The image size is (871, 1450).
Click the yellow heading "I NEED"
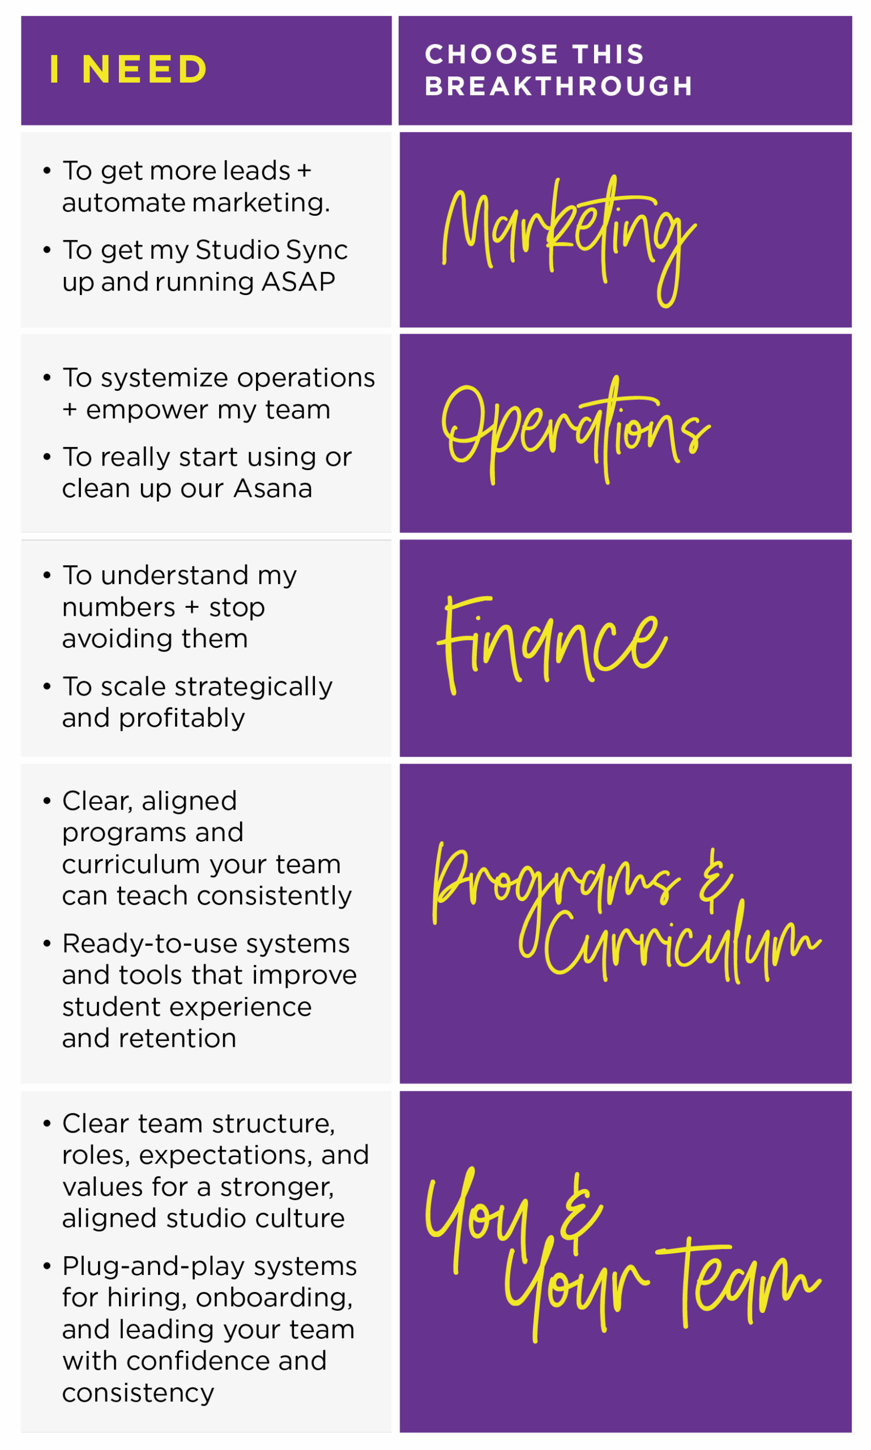(128, 69)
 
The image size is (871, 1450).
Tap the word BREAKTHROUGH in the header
(559, 86)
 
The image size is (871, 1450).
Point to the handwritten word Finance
(552, 644)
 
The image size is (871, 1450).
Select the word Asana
(273, 488)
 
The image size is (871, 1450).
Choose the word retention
(177, 1038)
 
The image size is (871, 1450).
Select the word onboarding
(274, 1299)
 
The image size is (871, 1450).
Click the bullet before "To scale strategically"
(47, 686)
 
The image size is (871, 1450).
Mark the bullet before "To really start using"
(47, 457)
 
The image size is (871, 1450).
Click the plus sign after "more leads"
(304, 172)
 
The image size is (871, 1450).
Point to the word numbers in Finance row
(118, 607)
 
